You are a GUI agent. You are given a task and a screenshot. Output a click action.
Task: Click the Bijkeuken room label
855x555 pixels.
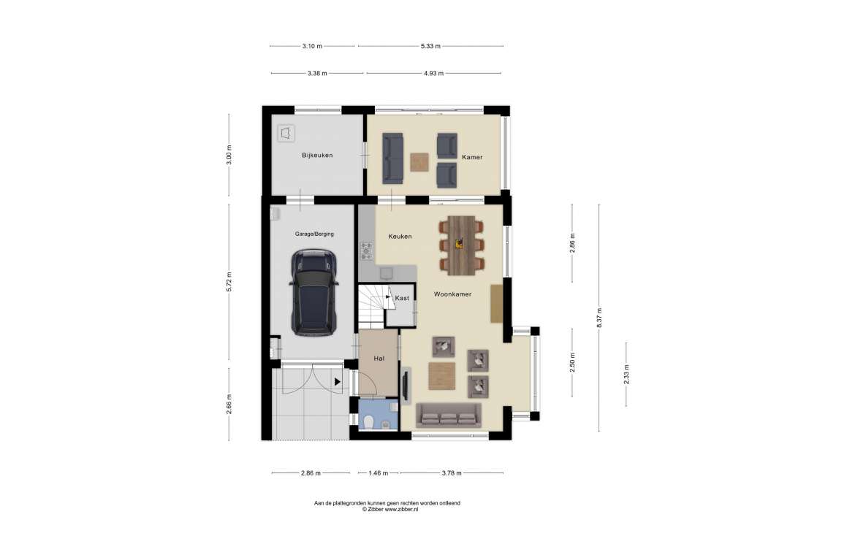click(x=317, y=156)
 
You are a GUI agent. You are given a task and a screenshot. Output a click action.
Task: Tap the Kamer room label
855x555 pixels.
click(x=472, y=157)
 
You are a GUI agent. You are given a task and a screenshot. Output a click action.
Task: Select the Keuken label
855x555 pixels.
click(x=400, y=237)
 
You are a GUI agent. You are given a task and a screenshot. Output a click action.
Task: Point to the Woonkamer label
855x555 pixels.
click(x=452, y=294)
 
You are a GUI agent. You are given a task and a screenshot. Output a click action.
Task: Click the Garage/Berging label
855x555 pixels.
click(x=314, y=234)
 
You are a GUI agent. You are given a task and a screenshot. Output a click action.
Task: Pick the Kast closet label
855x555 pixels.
click(x=402, y=298)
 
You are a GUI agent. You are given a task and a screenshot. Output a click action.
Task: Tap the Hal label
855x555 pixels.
click(x=379, y=359)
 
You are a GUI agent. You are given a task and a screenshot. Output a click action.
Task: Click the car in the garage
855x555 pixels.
click(x=314, y=293)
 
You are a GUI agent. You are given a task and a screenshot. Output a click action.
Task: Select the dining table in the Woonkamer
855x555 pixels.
click(x=461, y=245)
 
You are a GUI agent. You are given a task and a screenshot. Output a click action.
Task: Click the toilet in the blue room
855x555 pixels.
click(x=368, y=421)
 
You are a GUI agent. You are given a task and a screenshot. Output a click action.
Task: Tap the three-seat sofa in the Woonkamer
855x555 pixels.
click(x=449, y=416)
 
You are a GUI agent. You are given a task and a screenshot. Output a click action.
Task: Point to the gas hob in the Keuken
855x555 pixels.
click(x=366, y=251)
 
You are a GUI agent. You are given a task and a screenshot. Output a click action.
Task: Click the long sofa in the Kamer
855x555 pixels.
click(x=392, y=158)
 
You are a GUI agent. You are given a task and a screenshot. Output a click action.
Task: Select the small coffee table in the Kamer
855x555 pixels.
click(x=419, y=162)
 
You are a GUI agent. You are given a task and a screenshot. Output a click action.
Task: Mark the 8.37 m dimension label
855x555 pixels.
click(x=599, y=318)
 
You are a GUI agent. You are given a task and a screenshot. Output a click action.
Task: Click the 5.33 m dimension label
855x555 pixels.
click(x=430, y=46)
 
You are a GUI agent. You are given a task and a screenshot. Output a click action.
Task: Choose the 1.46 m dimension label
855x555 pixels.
click(x=379, y=473)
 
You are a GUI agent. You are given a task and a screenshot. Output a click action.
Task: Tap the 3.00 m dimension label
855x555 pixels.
click(x=229, y=155)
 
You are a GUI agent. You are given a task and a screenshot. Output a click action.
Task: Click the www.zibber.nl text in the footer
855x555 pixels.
click(x=401, y=509)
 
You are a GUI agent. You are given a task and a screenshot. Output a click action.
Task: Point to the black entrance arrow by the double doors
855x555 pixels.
click(x=338, y=382)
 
